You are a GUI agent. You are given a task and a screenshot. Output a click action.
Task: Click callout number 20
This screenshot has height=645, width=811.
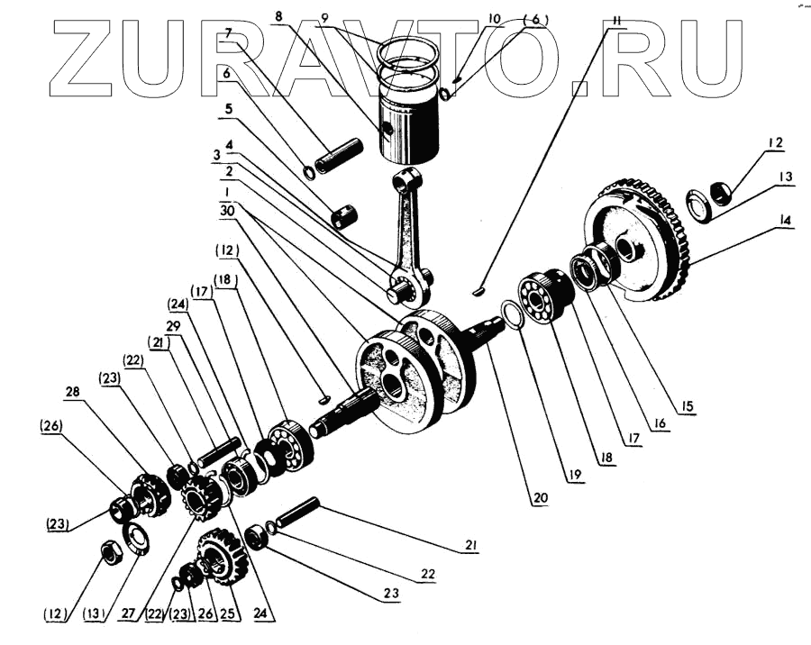(x=540, y=496)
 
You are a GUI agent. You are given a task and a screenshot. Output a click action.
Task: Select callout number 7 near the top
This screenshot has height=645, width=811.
(x=230, y=33)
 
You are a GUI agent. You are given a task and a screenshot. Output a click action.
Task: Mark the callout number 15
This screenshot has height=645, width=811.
(x=688, y=408)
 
